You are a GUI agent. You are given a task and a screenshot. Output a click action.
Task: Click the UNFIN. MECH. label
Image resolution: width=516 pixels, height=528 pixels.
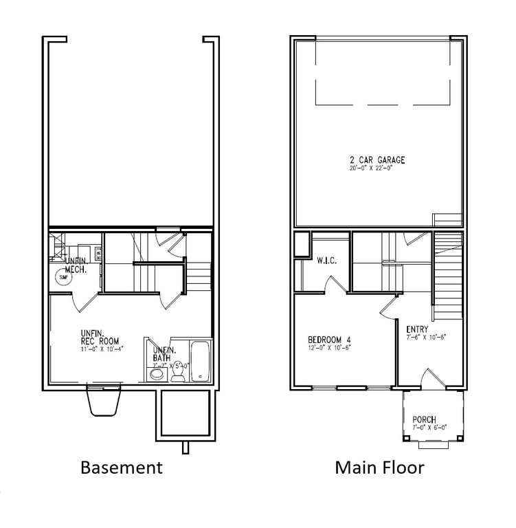76,266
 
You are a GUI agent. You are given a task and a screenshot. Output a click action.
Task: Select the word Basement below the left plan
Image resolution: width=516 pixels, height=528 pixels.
122,468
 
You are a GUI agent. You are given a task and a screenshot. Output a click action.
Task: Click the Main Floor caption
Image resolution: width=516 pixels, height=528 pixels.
379,468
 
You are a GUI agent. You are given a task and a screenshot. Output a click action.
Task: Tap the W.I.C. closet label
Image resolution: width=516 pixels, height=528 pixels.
325,261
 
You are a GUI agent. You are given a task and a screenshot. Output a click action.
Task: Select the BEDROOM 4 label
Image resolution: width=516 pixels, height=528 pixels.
329,340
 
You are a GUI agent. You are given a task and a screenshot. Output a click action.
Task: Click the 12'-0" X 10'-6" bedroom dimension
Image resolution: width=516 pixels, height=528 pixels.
330,348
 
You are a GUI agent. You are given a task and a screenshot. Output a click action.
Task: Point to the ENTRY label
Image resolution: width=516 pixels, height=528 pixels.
417,329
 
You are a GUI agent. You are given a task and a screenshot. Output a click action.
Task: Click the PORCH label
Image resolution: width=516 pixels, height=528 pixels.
424,419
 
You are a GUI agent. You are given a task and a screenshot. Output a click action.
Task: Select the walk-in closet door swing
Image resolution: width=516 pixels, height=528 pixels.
337,285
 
